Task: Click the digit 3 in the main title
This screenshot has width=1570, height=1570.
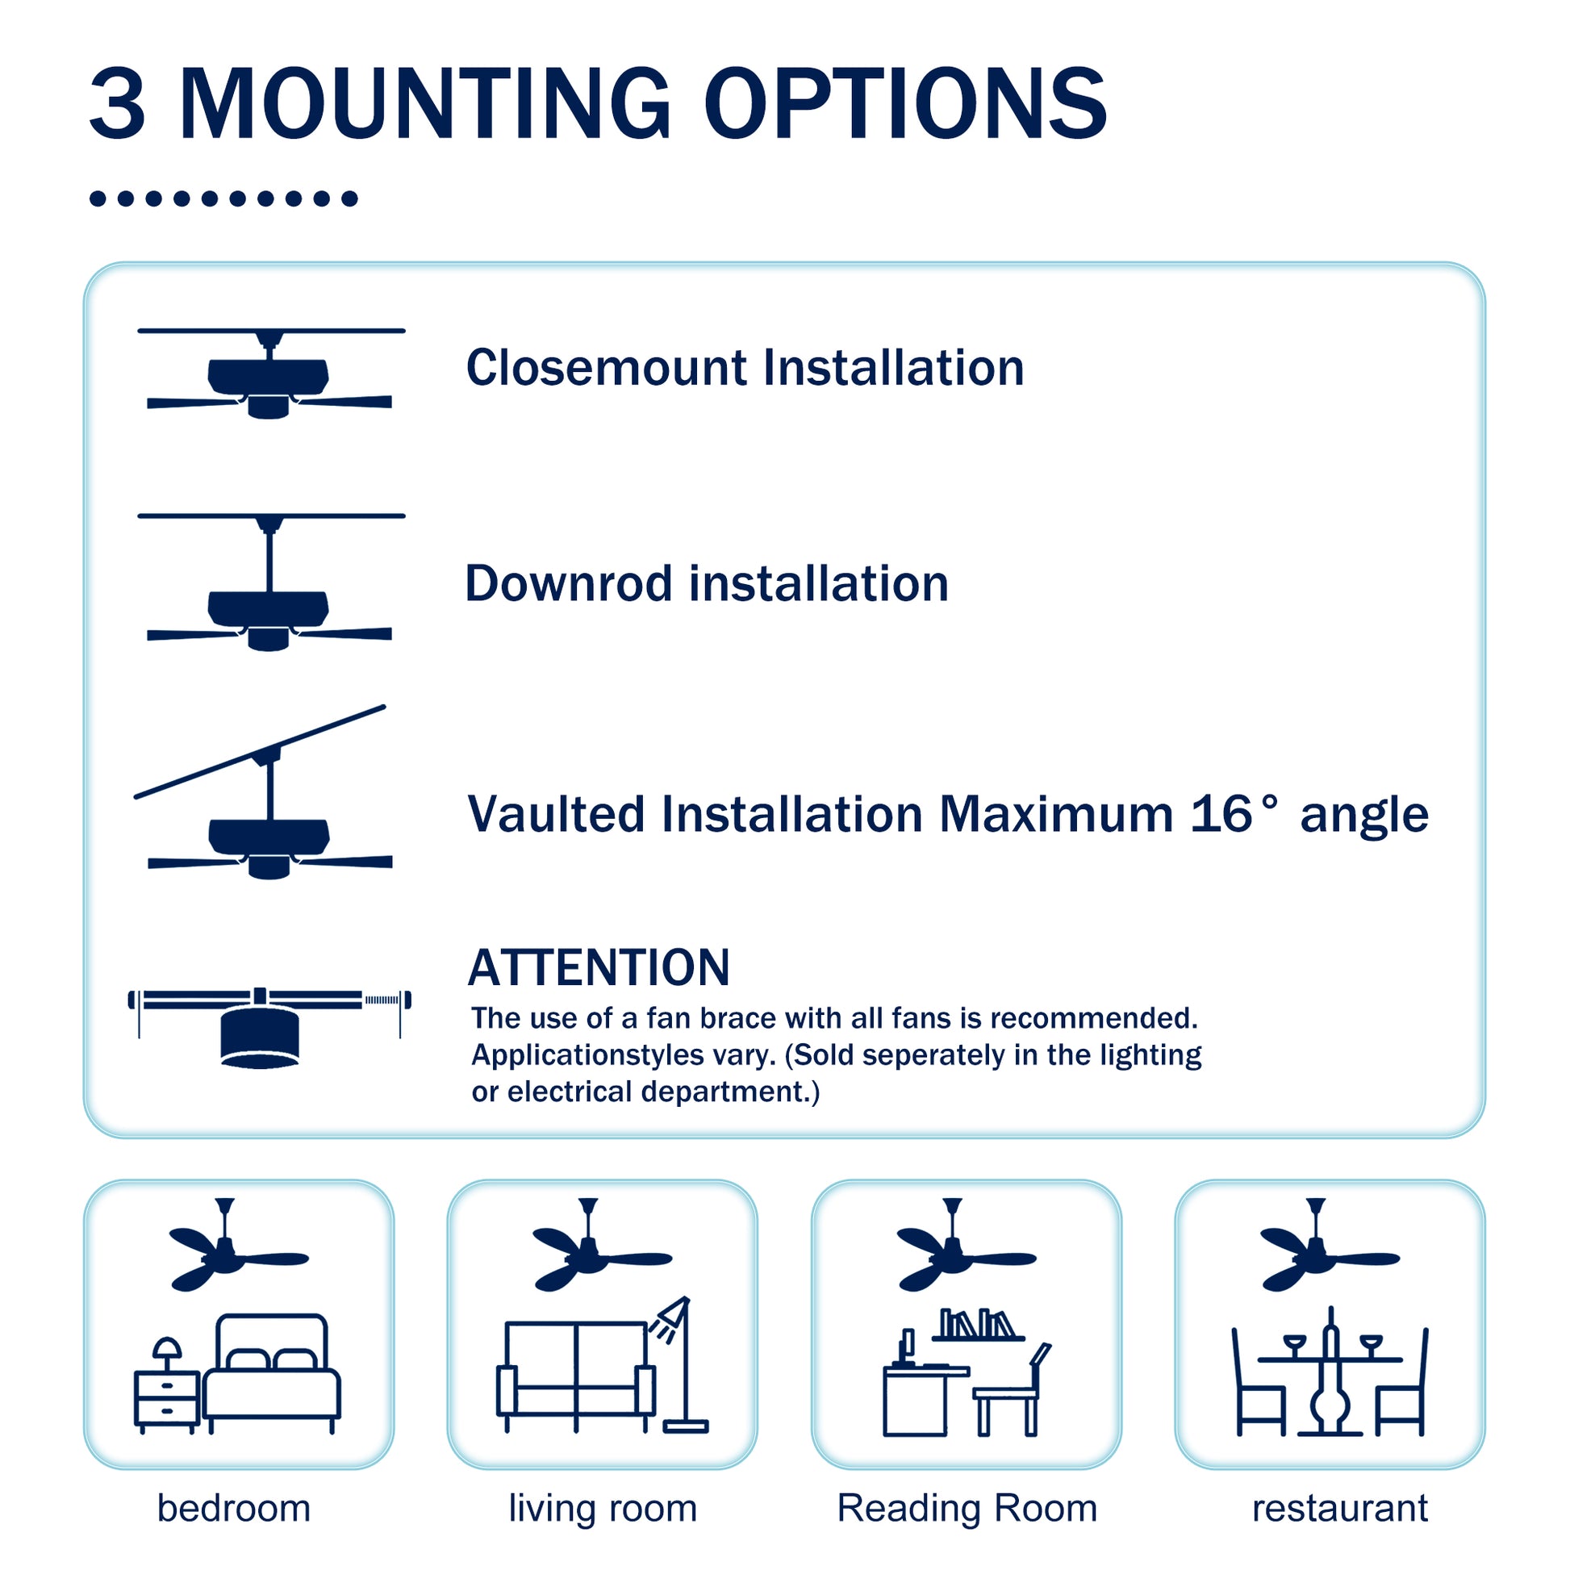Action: tap(117, 104)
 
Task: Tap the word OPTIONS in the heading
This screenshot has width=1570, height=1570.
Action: tap(905, 104)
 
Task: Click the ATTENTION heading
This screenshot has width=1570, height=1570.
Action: tap(599, 968)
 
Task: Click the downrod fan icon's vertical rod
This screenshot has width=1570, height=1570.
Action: tap(269, 562)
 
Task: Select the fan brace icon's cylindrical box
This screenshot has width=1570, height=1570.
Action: tap(260, 1037)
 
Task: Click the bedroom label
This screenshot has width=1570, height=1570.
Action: tap(234, 1508)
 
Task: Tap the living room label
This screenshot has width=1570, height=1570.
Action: tap(603, 1508)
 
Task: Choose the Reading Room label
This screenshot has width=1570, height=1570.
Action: tap(967, 1508)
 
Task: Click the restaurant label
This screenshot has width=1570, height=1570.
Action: tap(1340, 1508)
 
